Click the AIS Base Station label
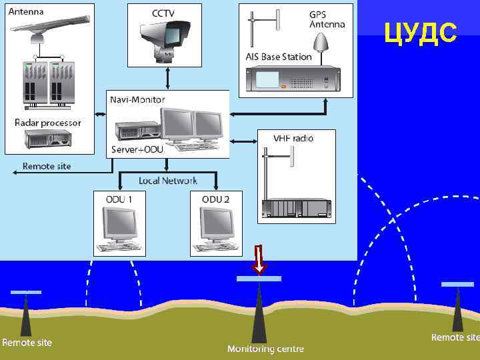279,57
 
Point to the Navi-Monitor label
137,99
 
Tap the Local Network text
168,181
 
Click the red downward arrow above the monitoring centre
259,259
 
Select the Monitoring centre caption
265,349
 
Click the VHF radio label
293,138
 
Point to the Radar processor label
48,123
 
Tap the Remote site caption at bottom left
27,343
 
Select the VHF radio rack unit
296,209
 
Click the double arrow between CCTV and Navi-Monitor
167,78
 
